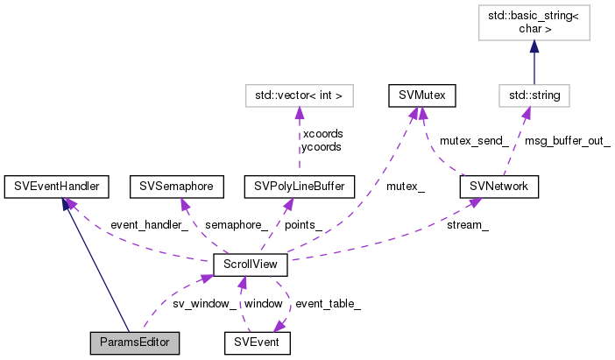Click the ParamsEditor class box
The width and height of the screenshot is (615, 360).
point(135,342)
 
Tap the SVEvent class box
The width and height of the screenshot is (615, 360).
point(257,342)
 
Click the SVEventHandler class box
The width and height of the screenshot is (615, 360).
point(57,186)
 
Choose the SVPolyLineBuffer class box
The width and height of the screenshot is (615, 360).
point(300,186)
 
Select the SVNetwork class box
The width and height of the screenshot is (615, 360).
point(498,186)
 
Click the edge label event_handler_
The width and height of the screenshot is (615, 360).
point(149,225)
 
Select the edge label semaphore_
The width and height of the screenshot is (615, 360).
point(238,225)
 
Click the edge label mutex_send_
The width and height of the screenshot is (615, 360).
point(474,139)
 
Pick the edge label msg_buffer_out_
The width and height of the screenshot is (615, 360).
point(568,139)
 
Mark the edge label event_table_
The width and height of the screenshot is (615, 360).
point(328,303)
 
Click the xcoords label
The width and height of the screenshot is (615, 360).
point(322,133)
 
